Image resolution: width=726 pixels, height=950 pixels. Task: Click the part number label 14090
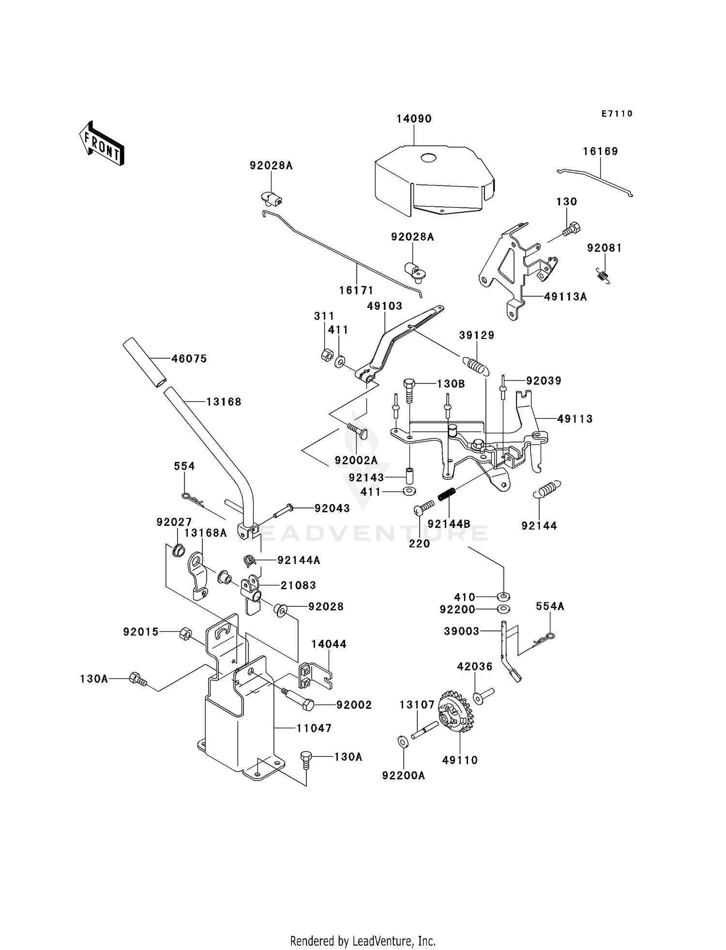414,119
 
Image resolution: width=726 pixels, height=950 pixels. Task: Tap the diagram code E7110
617,114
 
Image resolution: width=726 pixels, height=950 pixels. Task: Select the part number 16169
600,152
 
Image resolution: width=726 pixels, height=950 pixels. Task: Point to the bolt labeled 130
572,229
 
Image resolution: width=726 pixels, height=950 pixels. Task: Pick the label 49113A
565,297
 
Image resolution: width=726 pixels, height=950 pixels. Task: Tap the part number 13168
224,402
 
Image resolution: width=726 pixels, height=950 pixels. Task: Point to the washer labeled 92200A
402,742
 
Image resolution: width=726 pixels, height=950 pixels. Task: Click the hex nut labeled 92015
185,633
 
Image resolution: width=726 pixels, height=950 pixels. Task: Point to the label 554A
550,607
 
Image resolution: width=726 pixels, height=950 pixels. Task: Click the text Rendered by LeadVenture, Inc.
363,941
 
